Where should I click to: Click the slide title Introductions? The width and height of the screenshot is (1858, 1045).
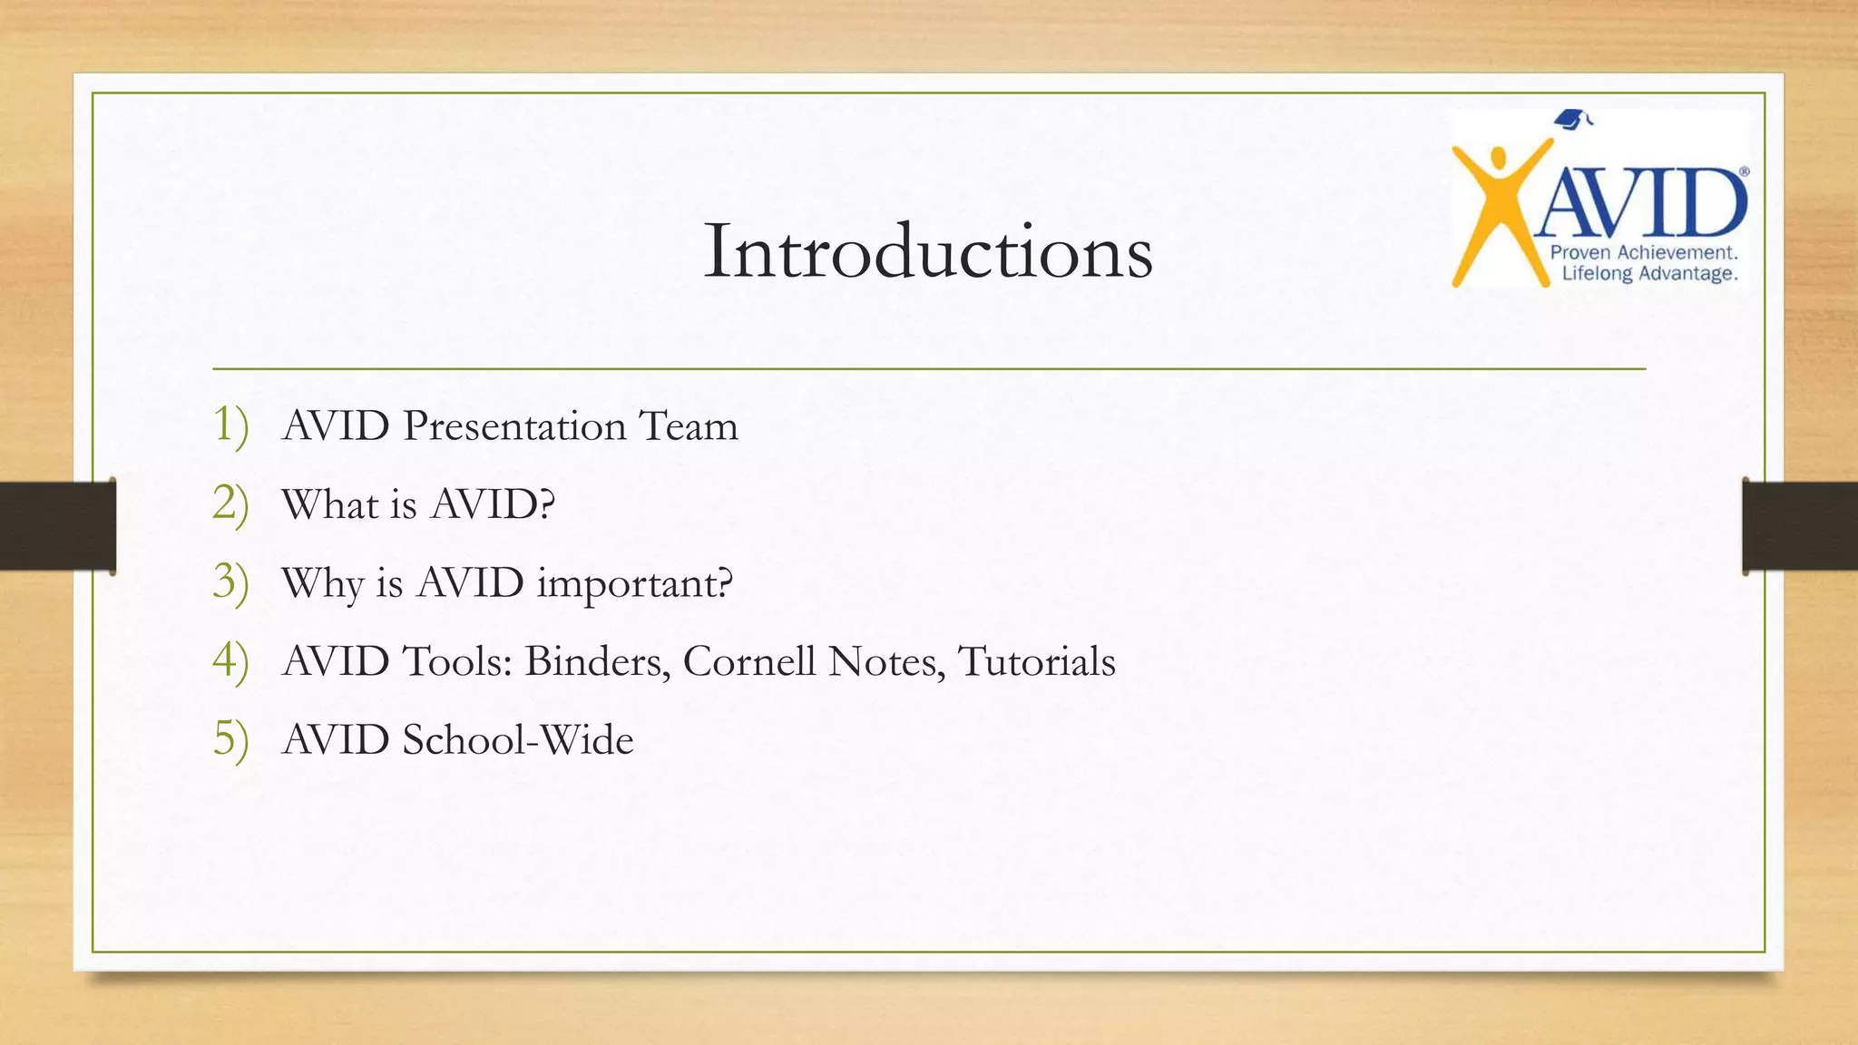coord(928,251)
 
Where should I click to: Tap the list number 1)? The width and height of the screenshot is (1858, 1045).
coord(230,425)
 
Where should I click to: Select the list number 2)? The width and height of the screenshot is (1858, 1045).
coord(230,504)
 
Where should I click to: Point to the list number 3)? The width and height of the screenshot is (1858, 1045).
coord(230,582)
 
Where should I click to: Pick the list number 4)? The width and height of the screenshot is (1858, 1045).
coord(230,661)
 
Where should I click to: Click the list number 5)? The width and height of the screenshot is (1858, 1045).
coord(230,739)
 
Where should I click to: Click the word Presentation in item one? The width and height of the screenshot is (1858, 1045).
coord(514,426)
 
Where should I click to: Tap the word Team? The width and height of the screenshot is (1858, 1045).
coord(689,426)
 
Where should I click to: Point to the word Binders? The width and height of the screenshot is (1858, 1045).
coord(598,661)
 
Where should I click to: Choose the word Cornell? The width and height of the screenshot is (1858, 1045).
coord(749,661)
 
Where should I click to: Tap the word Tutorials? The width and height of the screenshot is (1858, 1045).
coord(1036,661)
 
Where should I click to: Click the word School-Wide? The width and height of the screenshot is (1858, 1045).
coord(518,739)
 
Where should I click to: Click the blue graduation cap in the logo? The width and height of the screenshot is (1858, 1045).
coord(1572,119)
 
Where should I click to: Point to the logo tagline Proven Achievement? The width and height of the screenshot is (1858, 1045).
coord(1644,253)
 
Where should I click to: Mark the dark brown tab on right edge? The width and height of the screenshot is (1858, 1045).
coord(1800,526)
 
